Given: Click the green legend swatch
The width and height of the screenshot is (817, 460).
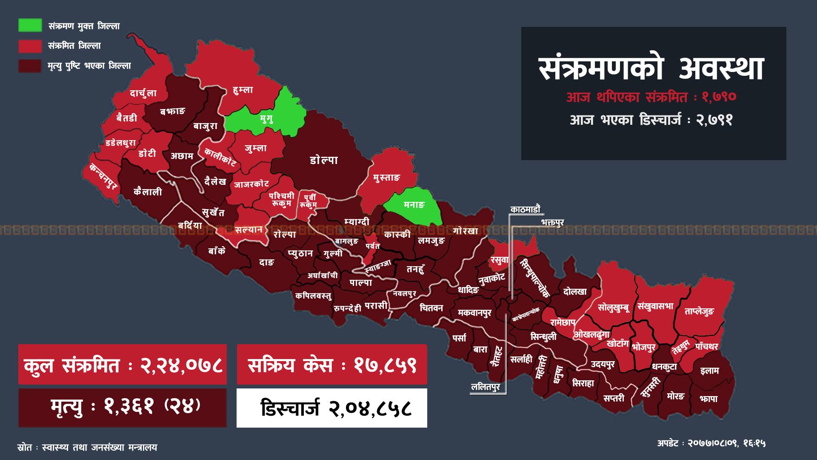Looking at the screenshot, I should click(x=30, y=25).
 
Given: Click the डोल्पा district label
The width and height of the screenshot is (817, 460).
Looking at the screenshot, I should click(x=324, y=160).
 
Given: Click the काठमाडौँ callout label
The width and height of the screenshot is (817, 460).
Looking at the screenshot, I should click(x=525, y=209).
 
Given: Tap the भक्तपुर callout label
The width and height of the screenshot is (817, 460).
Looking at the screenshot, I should click(x=552, y=222).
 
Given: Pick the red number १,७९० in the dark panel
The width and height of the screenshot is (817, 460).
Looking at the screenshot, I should click(x=719, y=97).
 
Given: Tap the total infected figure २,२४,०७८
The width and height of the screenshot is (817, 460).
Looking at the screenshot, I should click(x=182, y=365).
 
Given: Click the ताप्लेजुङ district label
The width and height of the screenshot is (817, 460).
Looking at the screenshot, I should click(x=699, y=311).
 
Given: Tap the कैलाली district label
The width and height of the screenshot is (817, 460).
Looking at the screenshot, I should click(x=148, y=192).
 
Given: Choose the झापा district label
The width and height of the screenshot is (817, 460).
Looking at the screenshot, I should click(x=708, y=399).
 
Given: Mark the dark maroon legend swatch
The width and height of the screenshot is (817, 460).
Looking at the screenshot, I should click(x=30, y=66).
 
